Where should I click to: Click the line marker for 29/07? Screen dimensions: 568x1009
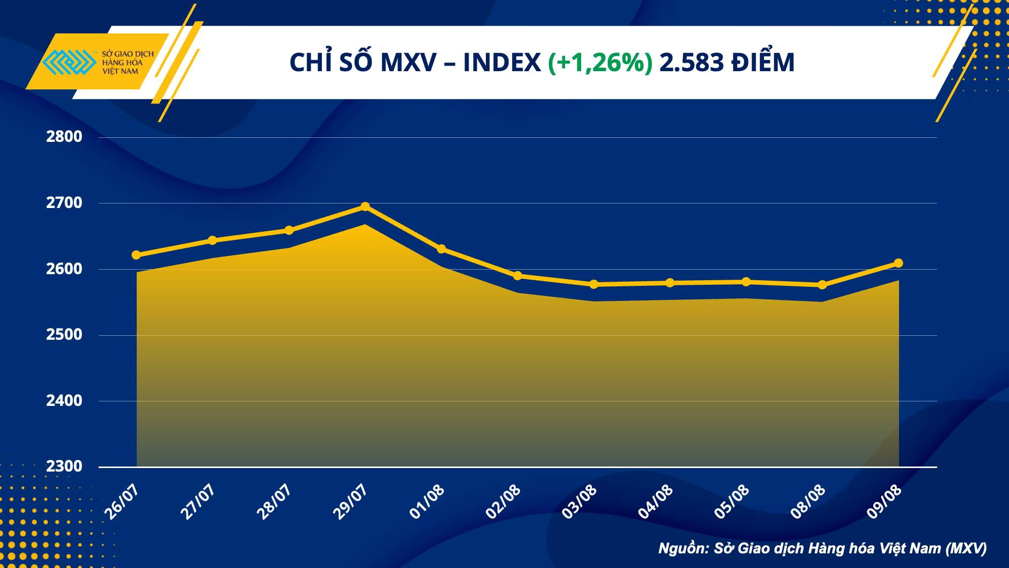pyautogui.click(x=365, y=206)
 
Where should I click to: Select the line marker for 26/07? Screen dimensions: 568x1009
pyautogui.click(x=136, y=255)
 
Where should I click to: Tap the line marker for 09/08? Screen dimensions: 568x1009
pyautogui.click(x=898, y=263)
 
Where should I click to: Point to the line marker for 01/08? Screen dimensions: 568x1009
pyautogui.click(x=441, y=249)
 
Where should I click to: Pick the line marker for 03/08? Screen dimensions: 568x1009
pyautogui.click(x=594, y=284)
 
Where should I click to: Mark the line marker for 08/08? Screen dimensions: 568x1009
pyautogui.click(x=822, y=285)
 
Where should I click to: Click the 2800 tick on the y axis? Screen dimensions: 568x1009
pyautogui.click(x=64, y=137)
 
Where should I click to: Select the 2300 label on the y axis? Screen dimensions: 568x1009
pyautogui.click(x=64, y=467)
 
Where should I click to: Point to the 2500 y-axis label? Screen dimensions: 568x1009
pyautogui.click(x=64, y=335)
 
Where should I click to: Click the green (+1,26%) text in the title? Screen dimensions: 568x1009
pyautogui.click(x=600, y=63)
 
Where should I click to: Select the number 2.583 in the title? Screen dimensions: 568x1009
pyautogui.click(x=692, y=63)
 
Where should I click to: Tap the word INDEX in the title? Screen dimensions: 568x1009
pyautogui.click(x=501, y=63)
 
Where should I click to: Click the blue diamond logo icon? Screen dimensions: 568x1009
pyautogui.click(x=69, y=62)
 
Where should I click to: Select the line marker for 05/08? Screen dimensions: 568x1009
pyautogui.click(x=746, y=282)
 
